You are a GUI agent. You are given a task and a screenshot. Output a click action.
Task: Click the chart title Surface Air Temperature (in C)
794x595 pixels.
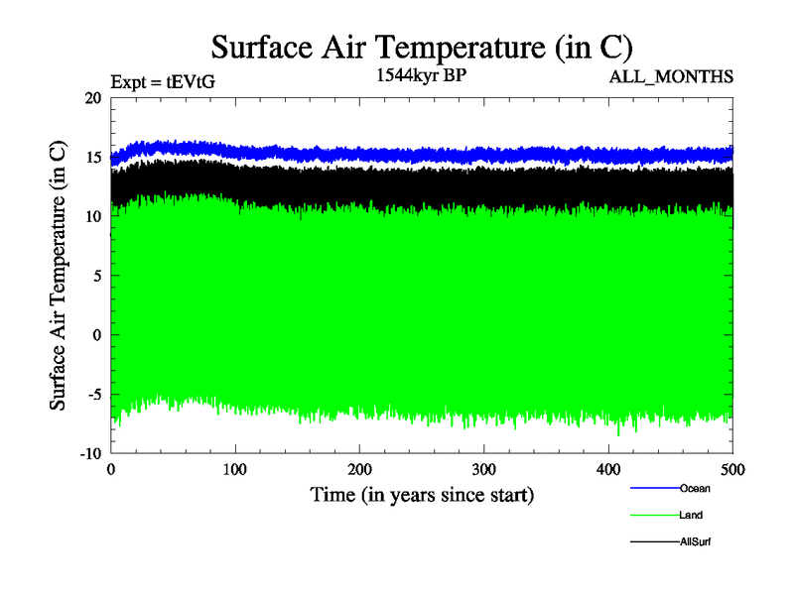tap(422, 47)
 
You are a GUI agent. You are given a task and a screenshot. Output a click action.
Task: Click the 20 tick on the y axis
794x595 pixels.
tap(93, 98)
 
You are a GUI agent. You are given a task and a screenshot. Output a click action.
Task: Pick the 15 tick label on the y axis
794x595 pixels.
tap(93, 158)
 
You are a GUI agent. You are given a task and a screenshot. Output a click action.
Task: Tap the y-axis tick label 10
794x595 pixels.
tap(93, 216)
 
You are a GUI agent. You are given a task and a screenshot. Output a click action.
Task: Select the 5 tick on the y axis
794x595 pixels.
tap(97, 276)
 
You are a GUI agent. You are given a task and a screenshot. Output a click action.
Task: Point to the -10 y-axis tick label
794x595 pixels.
tap(90, 453)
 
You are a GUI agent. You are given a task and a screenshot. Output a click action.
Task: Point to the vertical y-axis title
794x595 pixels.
tap(60, 276)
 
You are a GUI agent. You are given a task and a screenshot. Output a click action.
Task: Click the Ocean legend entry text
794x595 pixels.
tap(695, 488)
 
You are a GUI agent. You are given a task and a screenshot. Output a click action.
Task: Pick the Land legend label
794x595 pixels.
tap(692, 516)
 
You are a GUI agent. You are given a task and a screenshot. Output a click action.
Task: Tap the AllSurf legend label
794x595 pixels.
tap(697, 542)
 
